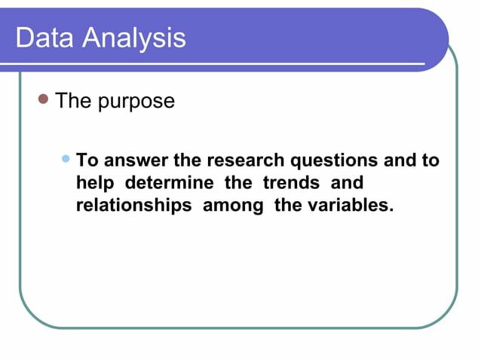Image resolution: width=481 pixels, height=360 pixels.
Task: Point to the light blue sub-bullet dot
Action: point(66,159)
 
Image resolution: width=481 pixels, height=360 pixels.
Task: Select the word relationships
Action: point(133,206)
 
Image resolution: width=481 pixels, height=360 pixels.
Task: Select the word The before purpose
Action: point(73,101)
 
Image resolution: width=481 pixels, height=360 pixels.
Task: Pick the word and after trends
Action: point(347,183)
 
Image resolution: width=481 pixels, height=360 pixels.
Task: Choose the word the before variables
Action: point(288,206)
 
